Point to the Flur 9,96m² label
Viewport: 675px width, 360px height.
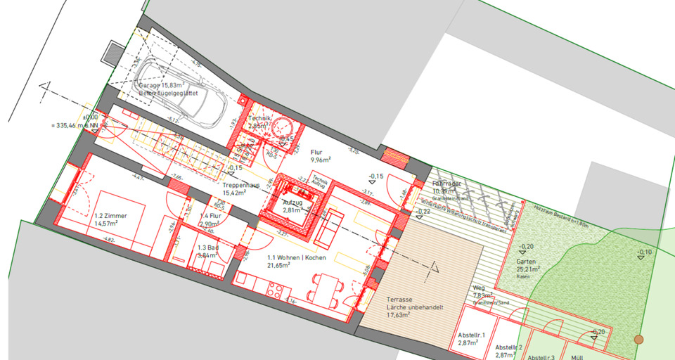tap(316, 156)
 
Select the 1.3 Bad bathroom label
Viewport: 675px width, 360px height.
tap(207, 252)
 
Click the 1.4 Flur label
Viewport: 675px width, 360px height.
tap(210, 219)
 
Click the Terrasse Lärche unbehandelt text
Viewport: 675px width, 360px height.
tap(409, 304)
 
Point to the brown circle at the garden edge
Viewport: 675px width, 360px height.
tap(638, 339)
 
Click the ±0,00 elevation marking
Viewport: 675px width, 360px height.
tap(90, 117)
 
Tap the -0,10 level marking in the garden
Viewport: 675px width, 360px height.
tap(643, 252)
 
